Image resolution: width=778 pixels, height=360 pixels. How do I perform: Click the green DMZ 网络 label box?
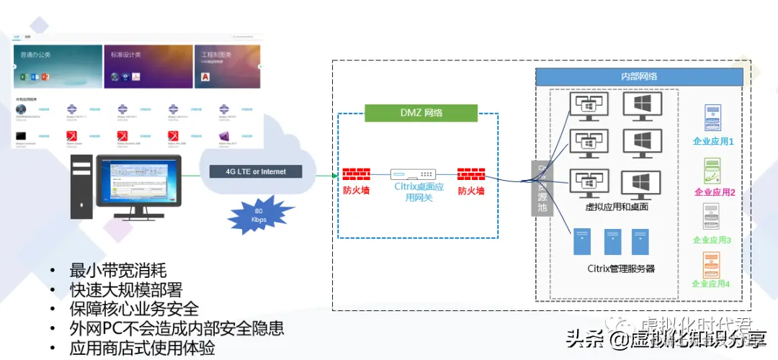(x=421, y=112)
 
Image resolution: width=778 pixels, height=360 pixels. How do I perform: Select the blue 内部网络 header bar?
(x=638, y=76)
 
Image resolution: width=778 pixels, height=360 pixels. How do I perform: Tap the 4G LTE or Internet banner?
(x=256, y=171)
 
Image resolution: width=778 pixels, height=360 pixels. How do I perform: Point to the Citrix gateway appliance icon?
(x=413, y=174)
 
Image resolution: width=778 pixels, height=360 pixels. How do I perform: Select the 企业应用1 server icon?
(x=712, y=118)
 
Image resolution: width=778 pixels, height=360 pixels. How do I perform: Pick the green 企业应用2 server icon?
(x=712, y=170)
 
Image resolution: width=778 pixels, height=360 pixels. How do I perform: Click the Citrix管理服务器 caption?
(x=621, y=269)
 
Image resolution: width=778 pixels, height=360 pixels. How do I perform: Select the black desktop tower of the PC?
(x=81, y=189)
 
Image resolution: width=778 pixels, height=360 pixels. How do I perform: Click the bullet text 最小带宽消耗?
(x=118, y=271)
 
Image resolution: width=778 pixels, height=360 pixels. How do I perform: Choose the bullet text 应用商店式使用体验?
(x=142, y=348)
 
